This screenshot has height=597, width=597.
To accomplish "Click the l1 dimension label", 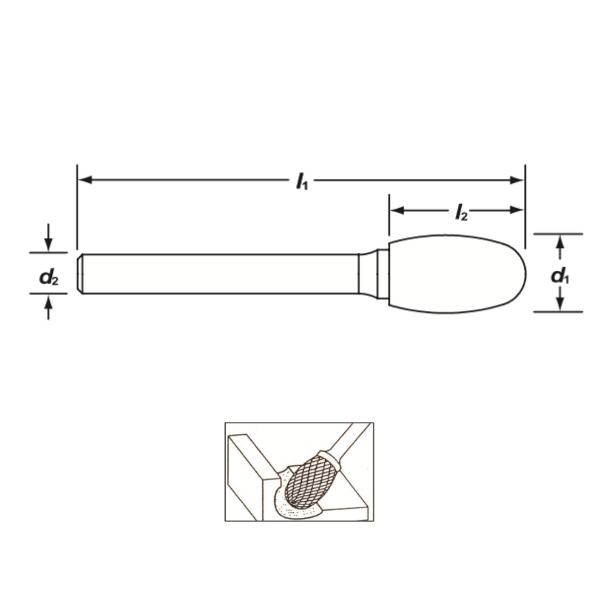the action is pos(302,181).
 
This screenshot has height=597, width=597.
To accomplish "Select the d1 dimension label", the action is pos(560,275).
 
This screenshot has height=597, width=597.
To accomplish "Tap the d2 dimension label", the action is pos(49,277).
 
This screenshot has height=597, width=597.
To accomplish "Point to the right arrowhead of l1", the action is pos(516,180).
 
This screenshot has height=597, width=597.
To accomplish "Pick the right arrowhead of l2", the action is pos(516,210).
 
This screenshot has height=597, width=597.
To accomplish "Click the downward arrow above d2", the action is pos(48,238).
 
